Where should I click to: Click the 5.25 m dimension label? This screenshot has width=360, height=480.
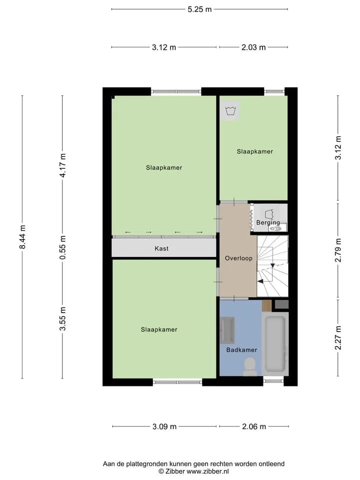tap(199, 9)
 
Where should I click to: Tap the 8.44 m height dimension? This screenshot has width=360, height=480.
tap(22, 237)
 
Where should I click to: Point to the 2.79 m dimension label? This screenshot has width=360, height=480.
tap(338, 250)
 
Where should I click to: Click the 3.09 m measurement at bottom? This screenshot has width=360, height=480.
tap(164, 426)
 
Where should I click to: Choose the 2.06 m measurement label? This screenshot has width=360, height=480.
tap(254, 426)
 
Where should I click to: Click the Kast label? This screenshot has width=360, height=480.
tap(161, 248)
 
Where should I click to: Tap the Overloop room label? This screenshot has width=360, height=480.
tap(238, 258)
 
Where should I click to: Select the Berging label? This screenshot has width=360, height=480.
tap(268, 222)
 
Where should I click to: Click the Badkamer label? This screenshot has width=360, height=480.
tap(241, 349)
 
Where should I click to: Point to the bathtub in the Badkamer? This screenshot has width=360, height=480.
tap(275, 344)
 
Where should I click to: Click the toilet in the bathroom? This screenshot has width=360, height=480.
tap(250, 367)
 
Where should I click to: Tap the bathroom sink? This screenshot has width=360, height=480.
tap(227, 330)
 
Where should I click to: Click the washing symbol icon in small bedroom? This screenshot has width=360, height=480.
tap(229, 111)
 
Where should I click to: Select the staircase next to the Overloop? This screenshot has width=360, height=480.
tap(272, 265)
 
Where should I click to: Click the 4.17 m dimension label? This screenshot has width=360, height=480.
tap(63, 165)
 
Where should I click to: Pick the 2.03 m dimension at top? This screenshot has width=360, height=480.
tap(253, 47)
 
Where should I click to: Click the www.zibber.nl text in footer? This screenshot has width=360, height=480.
tap(207, 471)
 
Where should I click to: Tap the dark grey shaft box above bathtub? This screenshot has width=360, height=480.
tap(281, 304)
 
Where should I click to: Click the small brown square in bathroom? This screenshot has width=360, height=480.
tap(266, 305)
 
